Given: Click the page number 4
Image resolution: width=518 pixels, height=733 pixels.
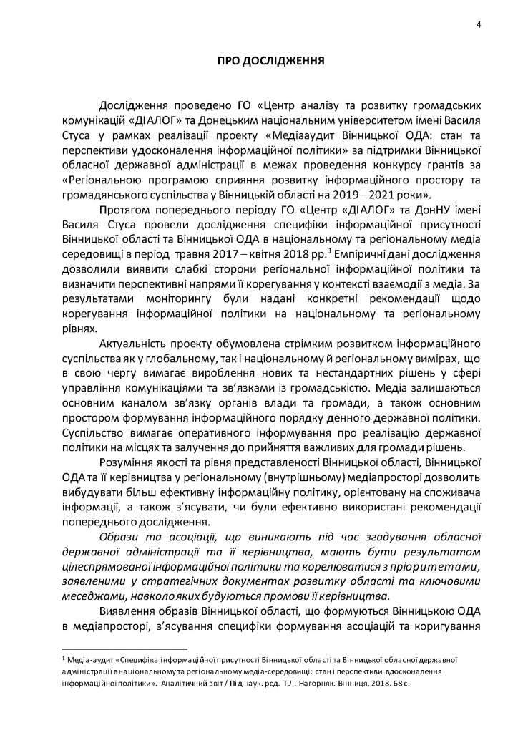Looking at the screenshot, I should click(478, 26).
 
